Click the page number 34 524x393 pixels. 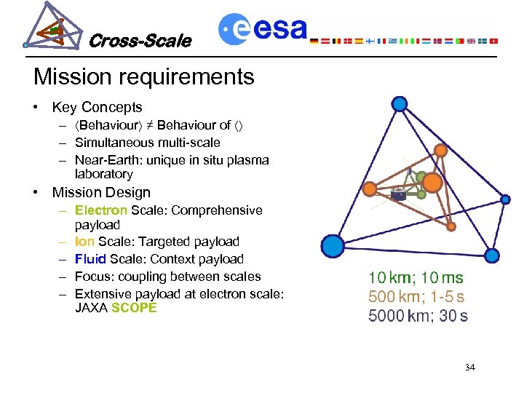[x=469, y=367]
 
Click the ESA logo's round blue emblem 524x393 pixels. [x=235, y=29]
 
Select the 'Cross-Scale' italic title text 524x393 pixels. [x=140, y=41]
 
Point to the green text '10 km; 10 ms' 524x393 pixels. [x=416, y=277]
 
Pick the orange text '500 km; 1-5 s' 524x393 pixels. [x=416, y=297]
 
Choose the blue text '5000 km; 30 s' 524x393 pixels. [x=418, y=316]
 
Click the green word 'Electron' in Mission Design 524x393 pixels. [x=101, y=210]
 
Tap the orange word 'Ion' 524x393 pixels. [x=84, y=242]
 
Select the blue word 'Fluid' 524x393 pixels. [x=91, y=259]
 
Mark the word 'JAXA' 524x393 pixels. [x=91, y=308]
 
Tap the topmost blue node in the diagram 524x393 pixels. [x=399, y=105]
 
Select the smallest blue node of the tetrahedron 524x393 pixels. [x=505, y=198]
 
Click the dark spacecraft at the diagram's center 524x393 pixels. [x=399, y=194]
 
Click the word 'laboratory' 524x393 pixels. [x=103, y=174]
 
